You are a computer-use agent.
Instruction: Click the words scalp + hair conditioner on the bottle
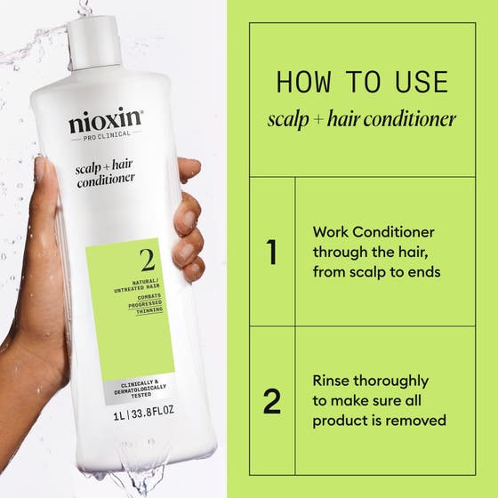coord(105,171)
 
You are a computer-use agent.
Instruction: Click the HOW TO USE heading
coord(361,82)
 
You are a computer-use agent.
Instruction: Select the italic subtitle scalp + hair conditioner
coord(361,119)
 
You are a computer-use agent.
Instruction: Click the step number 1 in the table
coord(271,252)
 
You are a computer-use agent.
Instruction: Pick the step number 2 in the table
coord(271,401)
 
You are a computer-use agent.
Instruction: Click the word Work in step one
coord(330,231)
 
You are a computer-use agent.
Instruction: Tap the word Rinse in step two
coord(333,381)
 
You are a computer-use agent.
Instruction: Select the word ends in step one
coord(421,272)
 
